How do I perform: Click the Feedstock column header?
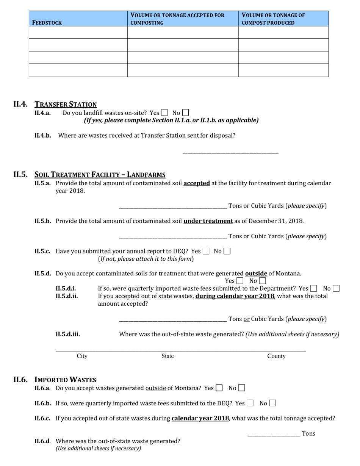pyautogui.click(x=47, y=22)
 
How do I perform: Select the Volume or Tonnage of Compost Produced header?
pyautogui.click(x=273, y=19)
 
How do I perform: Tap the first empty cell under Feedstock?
pyautogui.click(x=78, y=33)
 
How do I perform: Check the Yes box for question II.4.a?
pyautogui.click(x=164, y=113)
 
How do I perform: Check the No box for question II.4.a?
pyautogui.click(x=185, y=113)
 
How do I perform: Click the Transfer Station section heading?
pyautogui.click(x=66, y=104)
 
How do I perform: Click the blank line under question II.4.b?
pyautogui.click(x=230, y=152)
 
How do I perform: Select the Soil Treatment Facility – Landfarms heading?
pyautogui.click(x=100, y=175)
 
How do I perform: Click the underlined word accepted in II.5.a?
pyautogui.click(x=197, y=183)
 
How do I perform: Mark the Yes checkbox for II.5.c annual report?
pyautogui.click(x=206, y=251)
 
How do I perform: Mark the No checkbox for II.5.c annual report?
pyautogui.click(x=227, y=251)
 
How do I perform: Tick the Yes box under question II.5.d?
pyautogui.click(x=239, y=281)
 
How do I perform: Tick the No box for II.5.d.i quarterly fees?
pyautogui.click(x=336, y=288)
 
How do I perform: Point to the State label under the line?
pyautogui.click(x=167, y=356)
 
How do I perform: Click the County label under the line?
pyautogui.click(x=276, y=356)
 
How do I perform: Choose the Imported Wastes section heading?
pyautogui.click(x=65, y=380)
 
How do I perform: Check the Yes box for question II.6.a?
pyautogui.click(x=219, y=388)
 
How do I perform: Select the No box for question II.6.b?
pyautogui.click(x=272, y=403)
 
